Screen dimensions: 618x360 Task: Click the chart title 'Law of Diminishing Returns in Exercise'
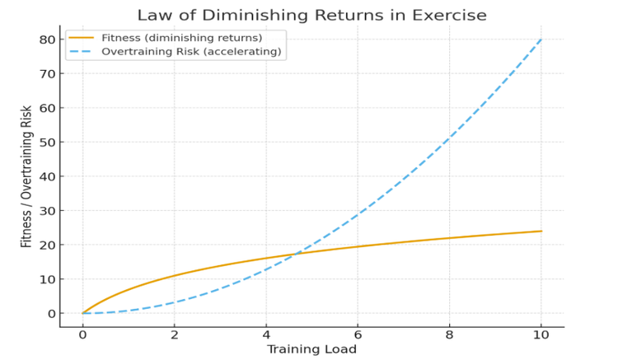tap(311, 16)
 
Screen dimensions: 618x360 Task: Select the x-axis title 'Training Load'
tap(311, 349)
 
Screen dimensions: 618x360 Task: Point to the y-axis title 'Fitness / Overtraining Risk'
tap(26, 176)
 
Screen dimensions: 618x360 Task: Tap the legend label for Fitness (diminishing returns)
tap(182, 38)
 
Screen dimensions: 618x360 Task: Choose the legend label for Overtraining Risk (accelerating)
tap(191, 52)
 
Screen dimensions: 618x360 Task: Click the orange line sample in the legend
tap(82, 38)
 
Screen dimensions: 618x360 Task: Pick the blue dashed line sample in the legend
tap(82, 52)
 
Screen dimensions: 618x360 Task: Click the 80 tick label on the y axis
tap(46, 40)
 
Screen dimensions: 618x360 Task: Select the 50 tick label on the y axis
tap(46, 143)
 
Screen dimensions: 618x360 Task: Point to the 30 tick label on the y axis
tap(46, 211)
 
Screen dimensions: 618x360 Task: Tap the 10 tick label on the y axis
tap(46, 279)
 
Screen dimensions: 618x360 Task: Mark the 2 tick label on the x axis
tap(174, 334)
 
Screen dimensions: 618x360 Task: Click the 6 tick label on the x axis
tap(358, 334)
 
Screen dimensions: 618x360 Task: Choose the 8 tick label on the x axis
tap(449, 334)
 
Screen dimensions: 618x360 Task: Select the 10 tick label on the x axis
tap(541, 334)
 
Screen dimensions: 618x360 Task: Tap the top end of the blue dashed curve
tap(541, 40)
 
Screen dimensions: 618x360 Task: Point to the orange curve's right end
tap(541, 231)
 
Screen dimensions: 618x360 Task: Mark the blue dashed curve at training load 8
tap(449, 138)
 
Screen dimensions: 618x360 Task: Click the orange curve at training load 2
tap(174, 275)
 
